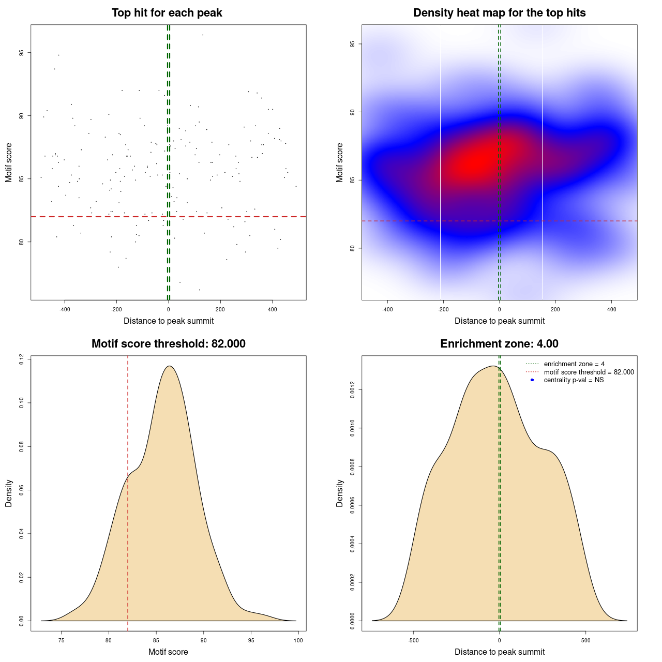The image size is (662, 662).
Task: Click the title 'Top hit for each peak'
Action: click(x=167, y=13)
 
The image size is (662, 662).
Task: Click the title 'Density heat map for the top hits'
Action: click(x=499, y=13)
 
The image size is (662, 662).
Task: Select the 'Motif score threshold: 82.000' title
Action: click(x=168, y=344)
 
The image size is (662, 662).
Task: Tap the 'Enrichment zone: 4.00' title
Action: click(x=499, y=344)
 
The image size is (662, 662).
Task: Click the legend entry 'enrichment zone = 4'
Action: click(x=574, y=364)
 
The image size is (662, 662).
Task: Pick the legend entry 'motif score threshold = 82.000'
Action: click(x=589, y=372)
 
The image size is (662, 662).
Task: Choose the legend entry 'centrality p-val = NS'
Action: click(x=574, y=380)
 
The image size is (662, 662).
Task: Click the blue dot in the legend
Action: click(x=532, y=380)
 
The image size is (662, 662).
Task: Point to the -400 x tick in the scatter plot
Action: click(x=65, y=309)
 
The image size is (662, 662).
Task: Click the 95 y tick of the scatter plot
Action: click(x=21, y=53)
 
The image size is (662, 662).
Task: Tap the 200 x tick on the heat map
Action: click(x=555, y=309)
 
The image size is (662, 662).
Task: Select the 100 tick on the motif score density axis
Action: click(x=298, y=640)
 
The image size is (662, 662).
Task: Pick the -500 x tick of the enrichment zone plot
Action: click(x=413, y=640)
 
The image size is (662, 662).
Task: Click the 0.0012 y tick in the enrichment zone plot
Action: click(x=352, y=389)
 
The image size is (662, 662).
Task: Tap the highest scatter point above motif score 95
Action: click(x=203, y=35)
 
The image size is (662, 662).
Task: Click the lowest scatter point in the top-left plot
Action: click(x=200, y=290)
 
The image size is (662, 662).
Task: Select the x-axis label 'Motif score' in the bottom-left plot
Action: click(x=168, y=652)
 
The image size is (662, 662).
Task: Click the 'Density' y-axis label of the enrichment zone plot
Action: click(x=340, y=493)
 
